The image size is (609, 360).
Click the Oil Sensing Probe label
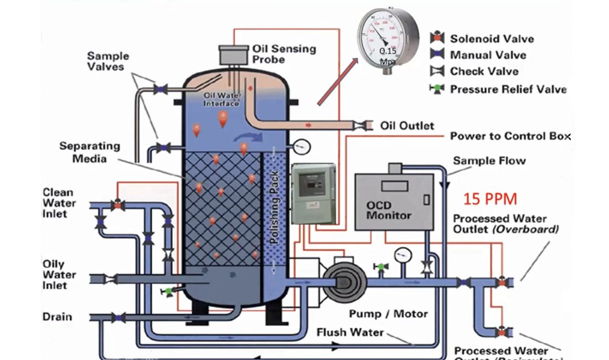point(284,54)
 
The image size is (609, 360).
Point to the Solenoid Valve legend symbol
point(437,38)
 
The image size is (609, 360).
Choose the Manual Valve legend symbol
point(437,54)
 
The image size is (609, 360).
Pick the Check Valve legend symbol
point(437,71)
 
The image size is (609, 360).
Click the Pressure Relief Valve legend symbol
point(437,89)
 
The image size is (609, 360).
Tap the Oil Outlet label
point(407,126)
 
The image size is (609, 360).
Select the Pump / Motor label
point(388,314)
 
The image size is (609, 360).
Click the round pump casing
point(344,282)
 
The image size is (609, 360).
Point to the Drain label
point(58,317)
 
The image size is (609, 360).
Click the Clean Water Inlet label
point(59,203)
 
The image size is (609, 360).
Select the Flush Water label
point(350,332)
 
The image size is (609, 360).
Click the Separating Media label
point(90,152)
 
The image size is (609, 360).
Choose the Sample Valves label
point(108,61)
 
